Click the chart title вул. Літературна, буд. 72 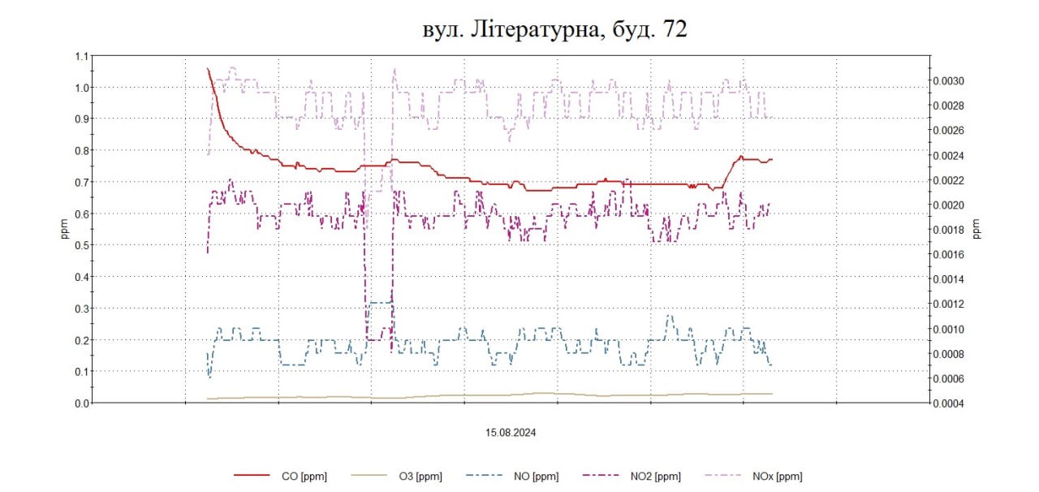555,30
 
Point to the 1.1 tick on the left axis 80,56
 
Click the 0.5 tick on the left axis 80,245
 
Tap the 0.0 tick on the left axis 80,403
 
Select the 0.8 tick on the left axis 80,150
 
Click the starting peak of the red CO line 208,69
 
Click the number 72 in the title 675,30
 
